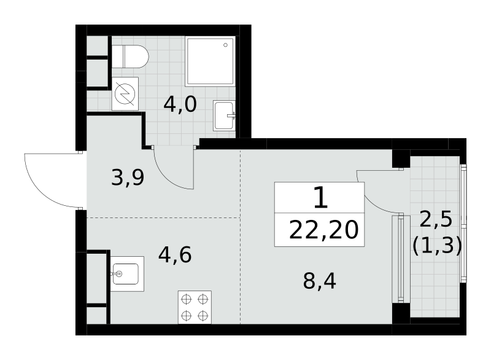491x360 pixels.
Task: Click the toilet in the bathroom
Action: click(x=130, y=57)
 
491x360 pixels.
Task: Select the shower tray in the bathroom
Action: click(x=210, y=61)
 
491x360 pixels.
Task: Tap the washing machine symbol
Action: click(x=125, y=93)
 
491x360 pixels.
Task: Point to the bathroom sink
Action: click(x=224, y=115)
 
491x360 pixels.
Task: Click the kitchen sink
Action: click(x=127, y=274)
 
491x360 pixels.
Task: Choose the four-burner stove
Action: click(x=195, y=307)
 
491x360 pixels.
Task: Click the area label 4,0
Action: click(x=180, y=104)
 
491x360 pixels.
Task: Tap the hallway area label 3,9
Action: click(x=128, y=178)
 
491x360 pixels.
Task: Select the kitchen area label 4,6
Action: click(x=175, y=255)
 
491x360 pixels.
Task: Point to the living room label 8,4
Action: click(x=319, y=281)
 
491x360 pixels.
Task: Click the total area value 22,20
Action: click(x=323, y=230)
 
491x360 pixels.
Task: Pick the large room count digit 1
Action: click(x=320, y=197)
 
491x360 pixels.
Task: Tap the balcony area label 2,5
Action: click(x=436, y=219)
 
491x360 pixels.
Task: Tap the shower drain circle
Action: click(x=225, y=45)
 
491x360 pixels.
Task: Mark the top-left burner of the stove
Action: click(x=187, y=299)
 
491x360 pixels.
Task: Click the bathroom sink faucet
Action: click(x=231, y=115)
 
